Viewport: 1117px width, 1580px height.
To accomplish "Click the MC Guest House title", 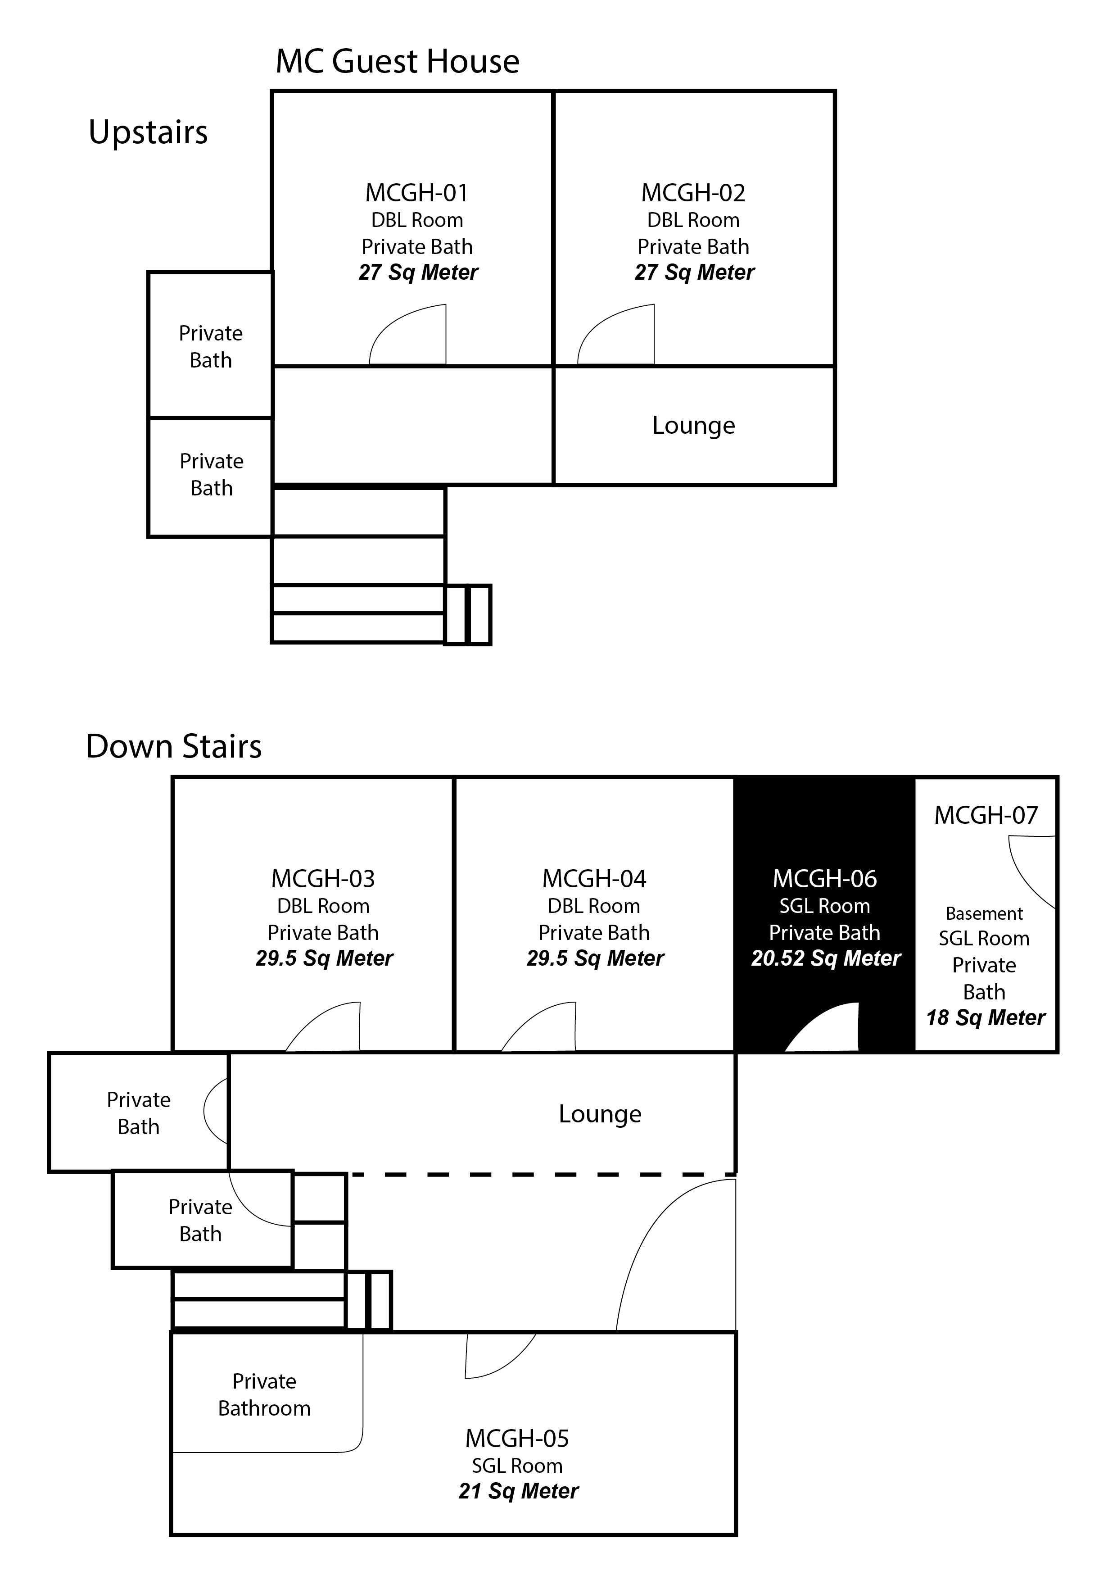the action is point(398,62).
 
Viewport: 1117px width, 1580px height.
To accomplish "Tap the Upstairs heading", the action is point(148,132).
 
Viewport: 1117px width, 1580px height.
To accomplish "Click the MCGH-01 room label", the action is point(417,193).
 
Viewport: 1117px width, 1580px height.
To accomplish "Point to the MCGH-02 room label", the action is point(693,193).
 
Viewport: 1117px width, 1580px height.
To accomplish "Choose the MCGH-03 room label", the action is point(323,879).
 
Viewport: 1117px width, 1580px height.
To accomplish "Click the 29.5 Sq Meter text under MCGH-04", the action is point(595,958).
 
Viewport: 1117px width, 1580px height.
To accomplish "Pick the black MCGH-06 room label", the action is point(825,879).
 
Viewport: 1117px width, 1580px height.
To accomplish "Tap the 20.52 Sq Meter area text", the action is point(825,958).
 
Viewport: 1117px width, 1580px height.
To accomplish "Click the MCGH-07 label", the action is point(986,816).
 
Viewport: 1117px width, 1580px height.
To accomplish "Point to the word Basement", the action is point(984,914).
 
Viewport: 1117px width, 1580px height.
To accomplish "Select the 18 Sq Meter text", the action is point(986,1018).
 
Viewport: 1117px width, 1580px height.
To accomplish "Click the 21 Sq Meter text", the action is point(519,1491).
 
